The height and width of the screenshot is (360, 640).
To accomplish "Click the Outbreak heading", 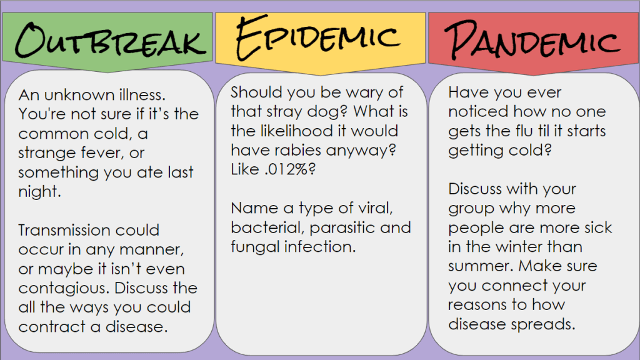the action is [110, 40].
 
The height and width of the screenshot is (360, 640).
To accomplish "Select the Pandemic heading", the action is [532, 39].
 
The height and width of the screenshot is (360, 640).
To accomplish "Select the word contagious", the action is [64, 289].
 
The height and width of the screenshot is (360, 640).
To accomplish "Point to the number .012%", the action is [290, 169].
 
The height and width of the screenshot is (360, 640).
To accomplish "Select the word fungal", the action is [255, 247].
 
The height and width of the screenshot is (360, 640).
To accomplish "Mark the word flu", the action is [524, 131].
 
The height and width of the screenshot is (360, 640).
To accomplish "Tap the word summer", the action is [481, 266].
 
